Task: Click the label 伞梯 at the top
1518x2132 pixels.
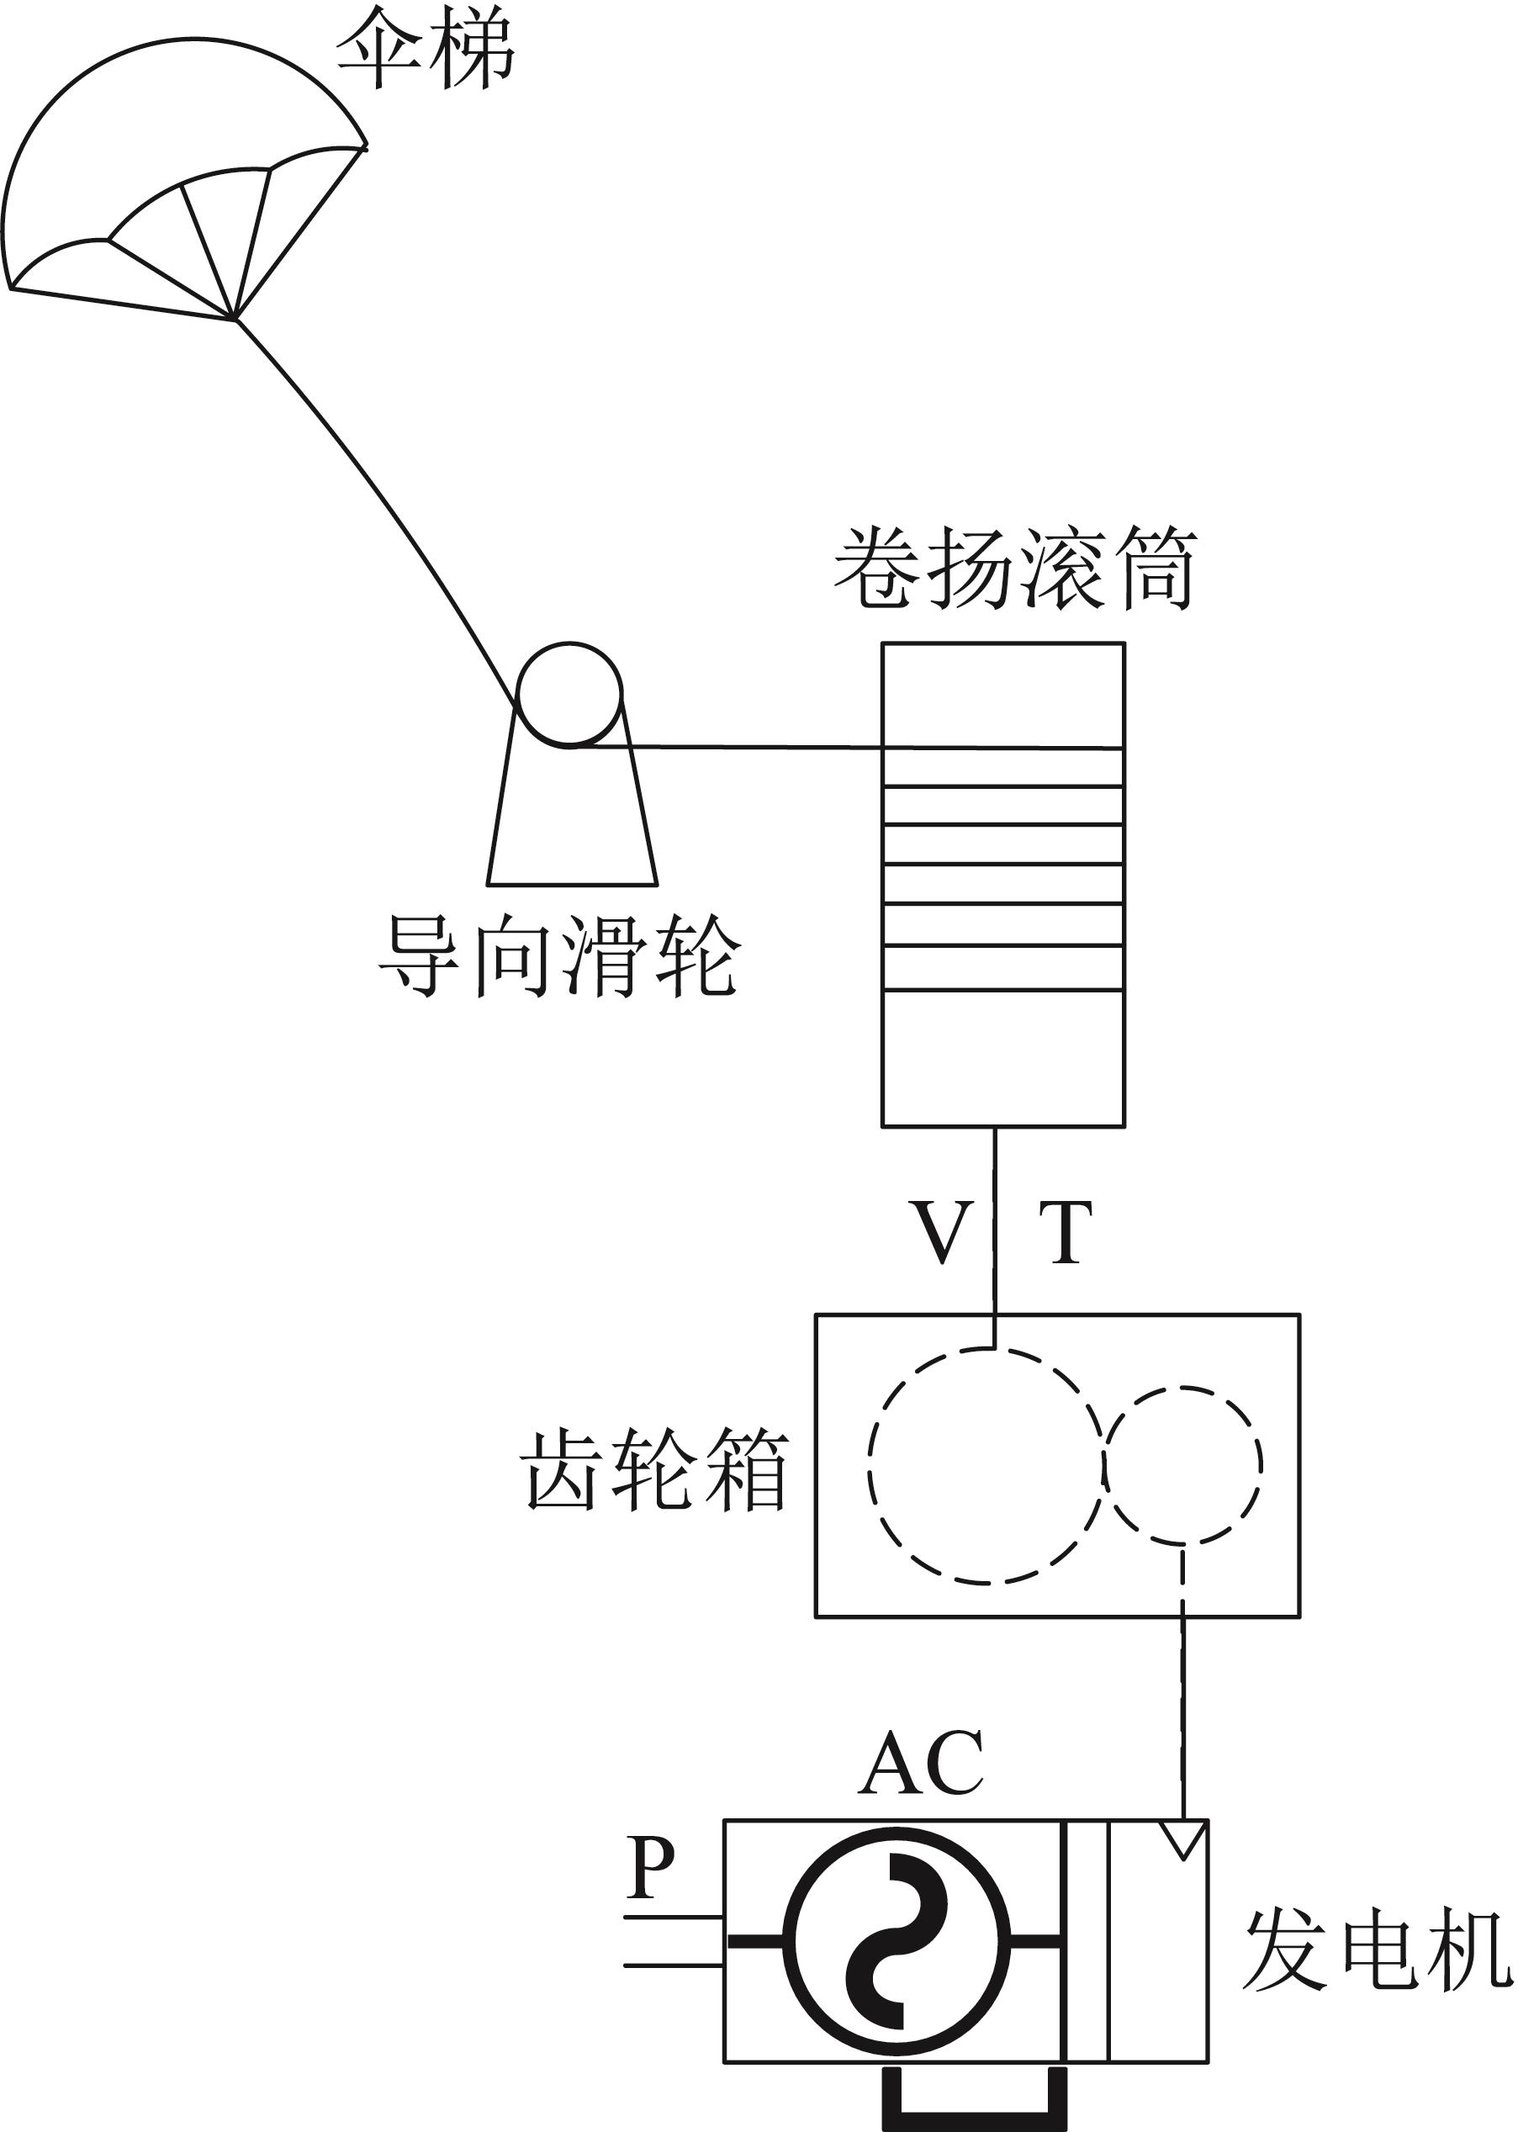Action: coord(426,49)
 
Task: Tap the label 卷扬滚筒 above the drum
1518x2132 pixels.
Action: coord(1015,569)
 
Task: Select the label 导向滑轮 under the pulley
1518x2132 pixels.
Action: coord(559,955)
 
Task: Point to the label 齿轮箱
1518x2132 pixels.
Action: coord(655,1469)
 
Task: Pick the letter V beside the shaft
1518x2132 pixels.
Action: coord(940,1233)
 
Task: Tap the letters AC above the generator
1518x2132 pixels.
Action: coord(921,1764)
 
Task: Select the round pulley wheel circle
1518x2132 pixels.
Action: coord(569,695)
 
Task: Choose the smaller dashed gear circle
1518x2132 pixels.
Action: coord(1182,1464)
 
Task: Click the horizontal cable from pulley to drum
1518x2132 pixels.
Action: coord(748,747)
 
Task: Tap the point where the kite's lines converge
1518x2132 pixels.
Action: coord(235,320)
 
